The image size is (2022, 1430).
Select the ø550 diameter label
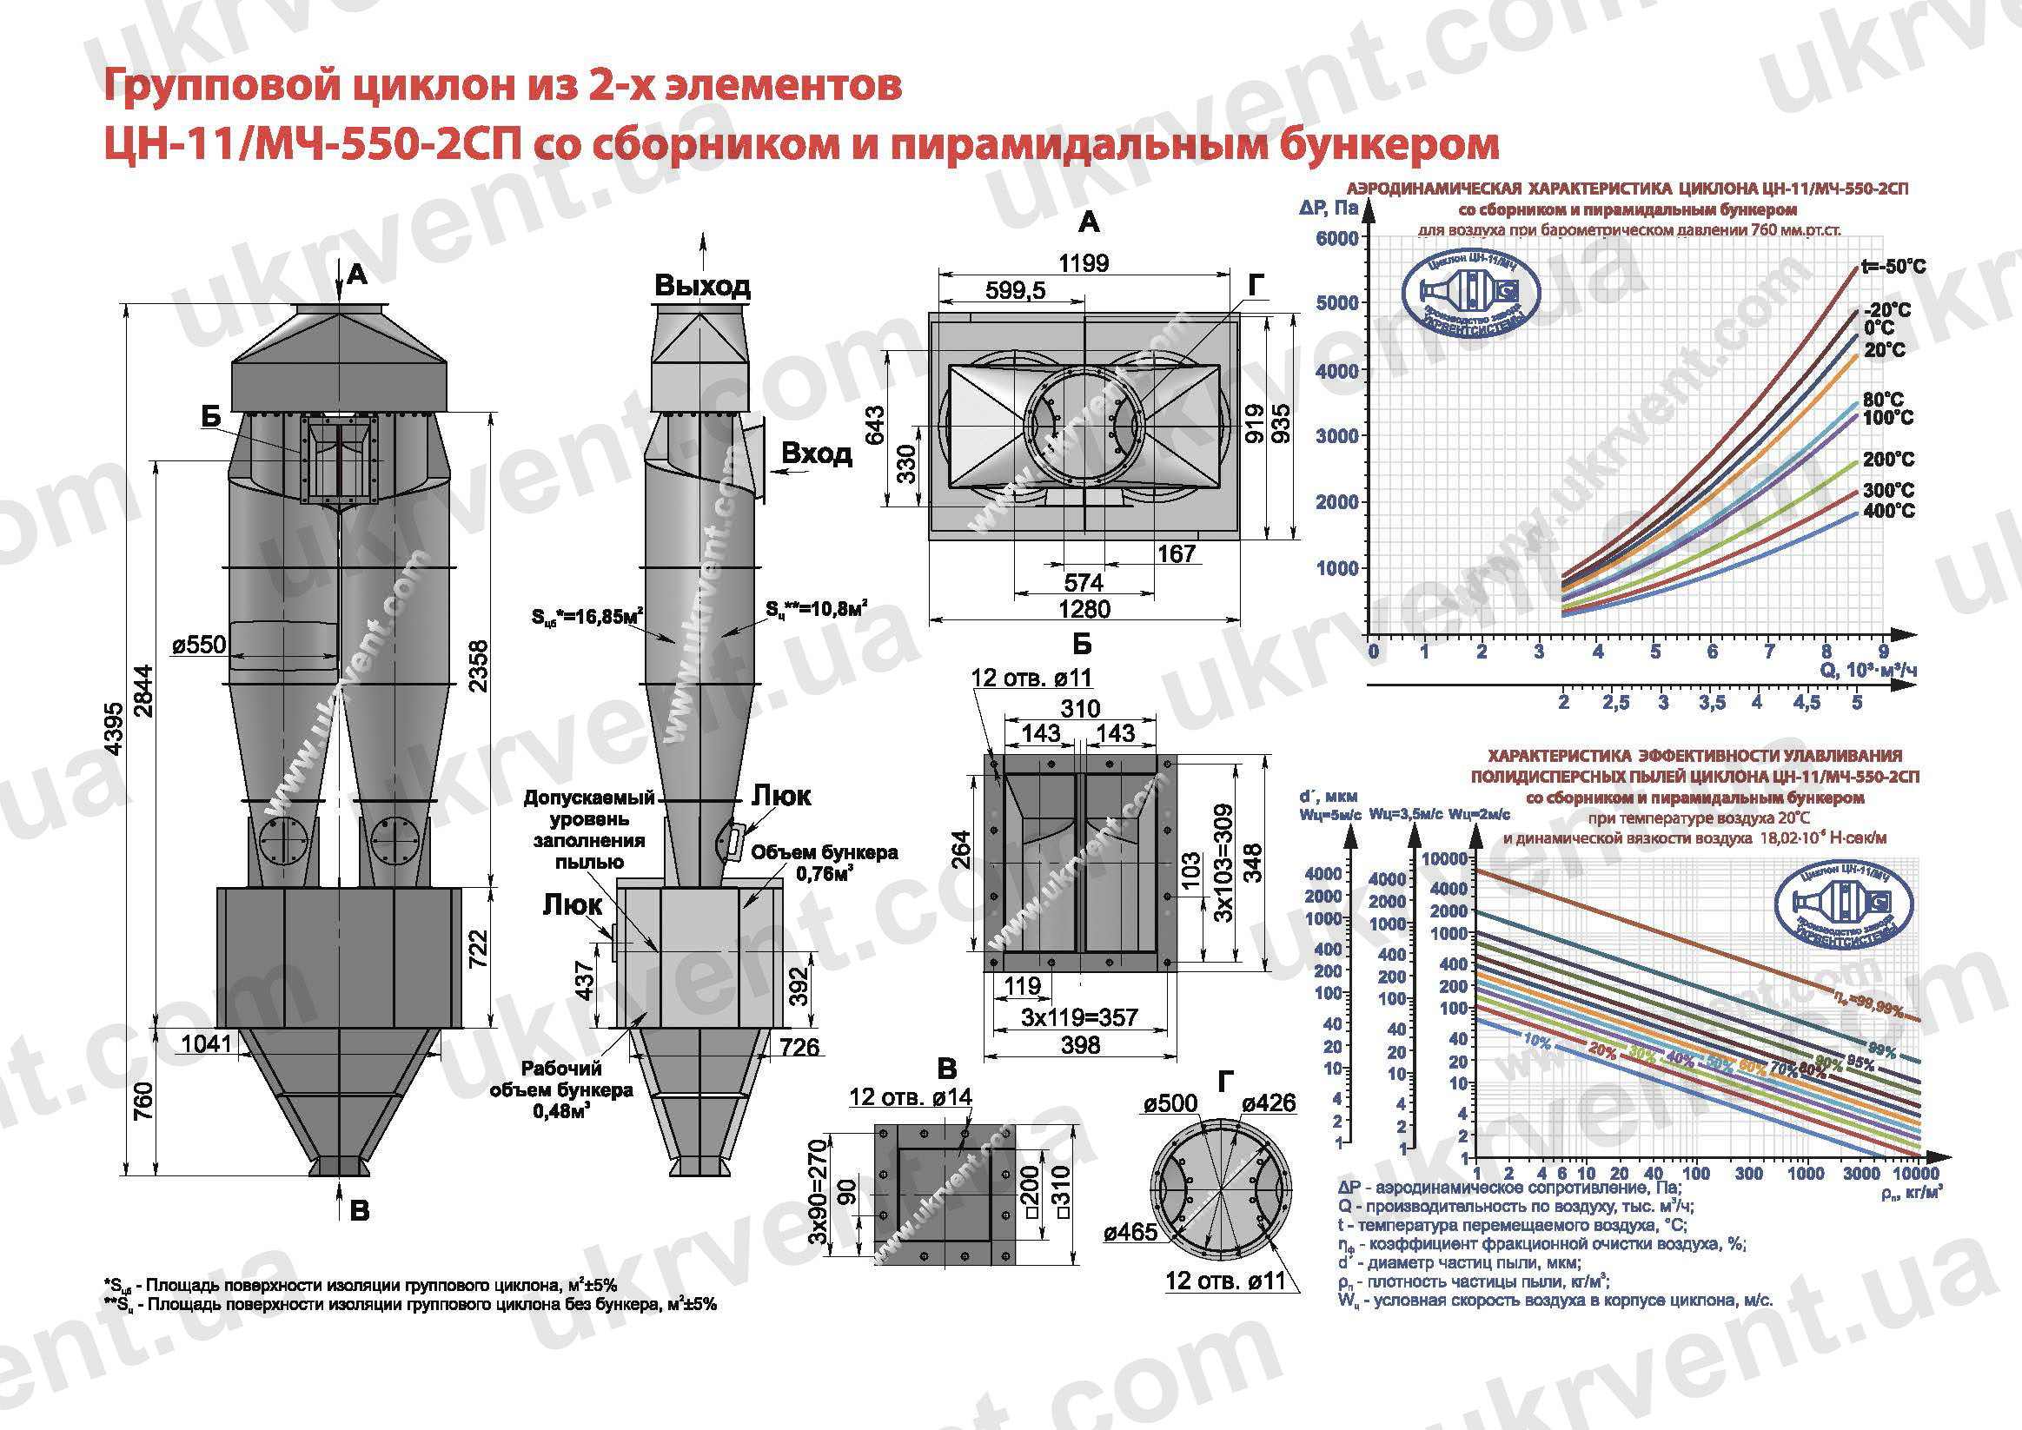click(199, 645)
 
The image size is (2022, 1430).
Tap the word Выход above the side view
click(702, 285)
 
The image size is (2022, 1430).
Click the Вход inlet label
click(817, 453)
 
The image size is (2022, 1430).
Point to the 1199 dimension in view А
click(1084, 262)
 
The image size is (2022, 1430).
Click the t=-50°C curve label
click(1893, 267)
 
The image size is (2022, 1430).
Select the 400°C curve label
click(1888, 511)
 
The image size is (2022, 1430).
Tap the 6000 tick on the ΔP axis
click(1336, 238)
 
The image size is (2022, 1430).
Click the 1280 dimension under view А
click(1084, 608)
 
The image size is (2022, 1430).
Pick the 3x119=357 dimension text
click(1080, 1017)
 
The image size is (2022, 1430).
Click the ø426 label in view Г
click(1268, 1103)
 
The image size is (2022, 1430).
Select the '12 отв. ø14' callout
click(911, 1096)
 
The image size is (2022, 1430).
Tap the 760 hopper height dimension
click(143, 1101)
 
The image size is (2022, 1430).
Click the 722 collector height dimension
click(478, 950)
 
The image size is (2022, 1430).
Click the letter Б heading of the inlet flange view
click(1083, 645)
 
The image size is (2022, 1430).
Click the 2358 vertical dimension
click(478, 667)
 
